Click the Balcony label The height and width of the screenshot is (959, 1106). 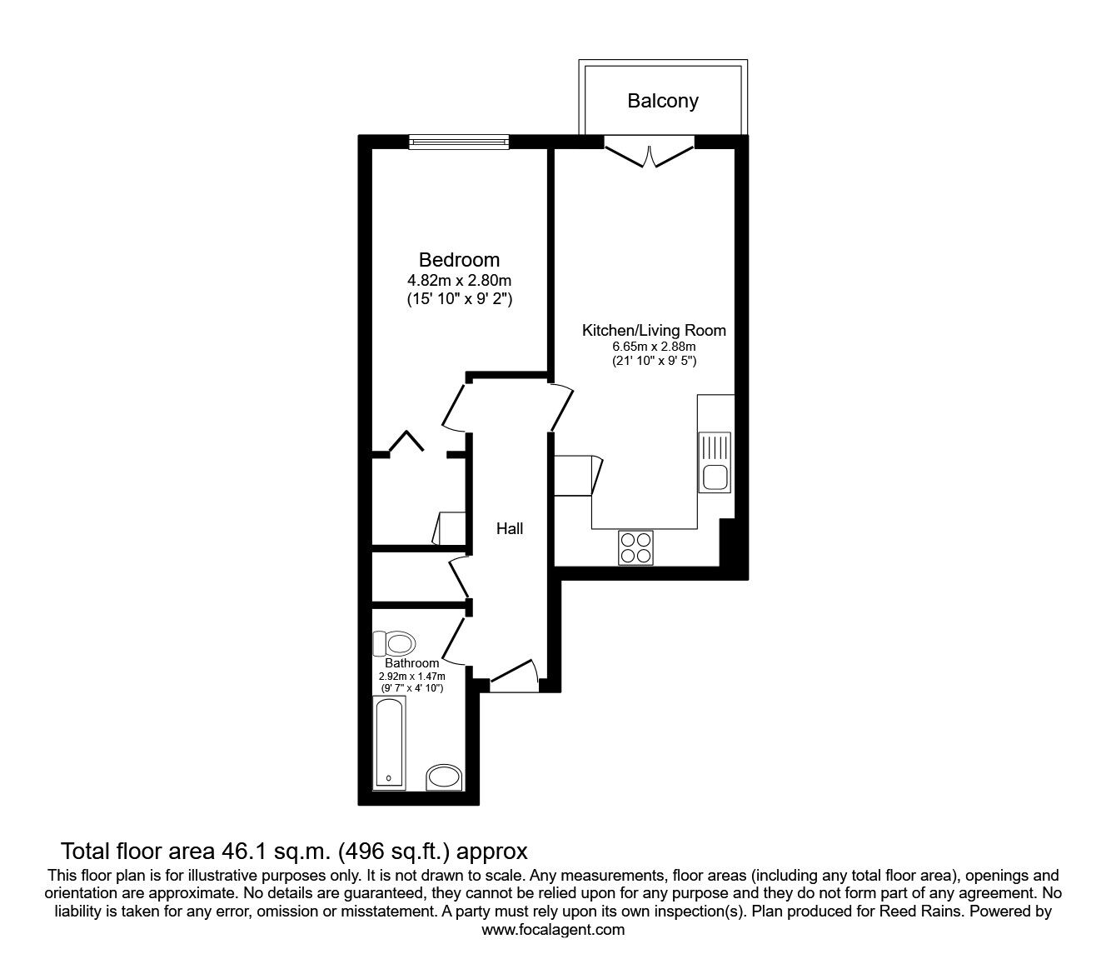(662, 101)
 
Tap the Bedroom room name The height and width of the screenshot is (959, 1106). (459, 260)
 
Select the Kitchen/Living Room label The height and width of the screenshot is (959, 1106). (654, 330)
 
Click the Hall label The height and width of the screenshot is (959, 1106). (510, 528)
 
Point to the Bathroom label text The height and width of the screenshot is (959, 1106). (411, 663)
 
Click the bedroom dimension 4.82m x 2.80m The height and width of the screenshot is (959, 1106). (459, 280)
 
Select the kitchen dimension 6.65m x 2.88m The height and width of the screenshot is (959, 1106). (654, 347)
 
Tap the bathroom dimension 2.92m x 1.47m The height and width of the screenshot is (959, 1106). (411, 676)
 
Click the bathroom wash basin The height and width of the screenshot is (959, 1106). (444, 777)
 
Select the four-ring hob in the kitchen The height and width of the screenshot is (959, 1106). (635, 547)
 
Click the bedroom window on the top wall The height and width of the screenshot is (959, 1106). (458, 142)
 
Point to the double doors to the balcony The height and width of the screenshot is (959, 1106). (649, 154)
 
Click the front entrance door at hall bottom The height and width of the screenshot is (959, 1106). (513, 675)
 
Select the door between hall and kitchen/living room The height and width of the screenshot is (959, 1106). (560, 407)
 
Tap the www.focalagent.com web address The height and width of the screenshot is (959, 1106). (553, 930)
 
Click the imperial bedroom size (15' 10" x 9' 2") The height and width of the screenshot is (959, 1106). (459, 297)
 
